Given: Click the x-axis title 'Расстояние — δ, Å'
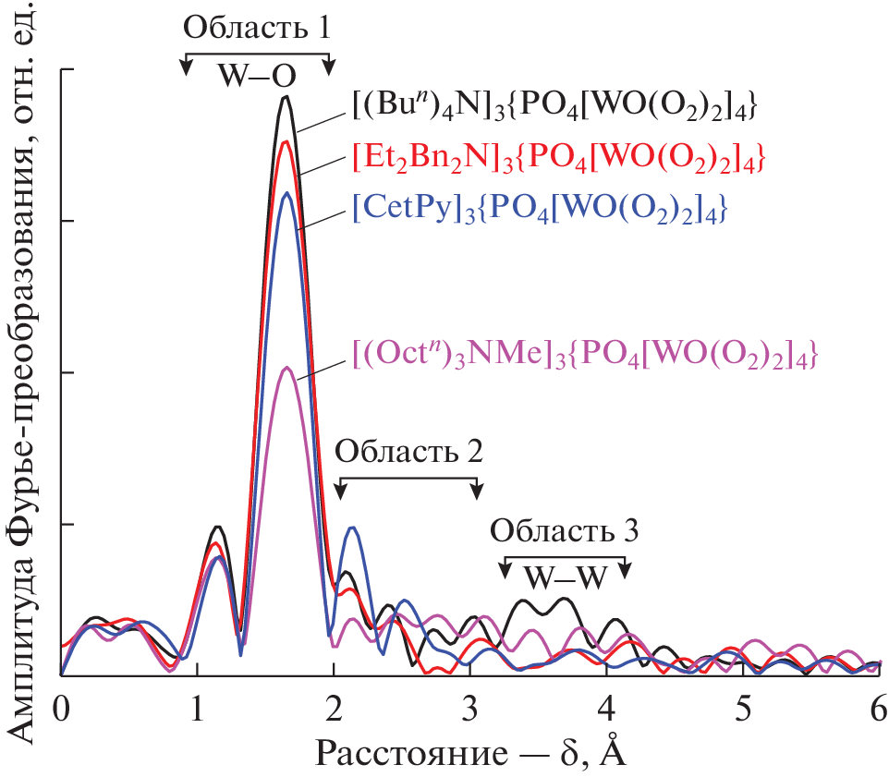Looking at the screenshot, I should pyautogui.click(x=471, y=753).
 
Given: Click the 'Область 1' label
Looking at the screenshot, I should pyautogui.click(x=256, y=27).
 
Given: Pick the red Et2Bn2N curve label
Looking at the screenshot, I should pyautogui.click(x=558, y=154).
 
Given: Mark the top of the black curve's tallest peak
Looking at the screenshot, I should pyautogui.click(x=286, y=96).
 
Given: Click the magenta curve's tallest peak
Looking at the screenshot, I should pyautogui.click(x=287, y=368).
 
